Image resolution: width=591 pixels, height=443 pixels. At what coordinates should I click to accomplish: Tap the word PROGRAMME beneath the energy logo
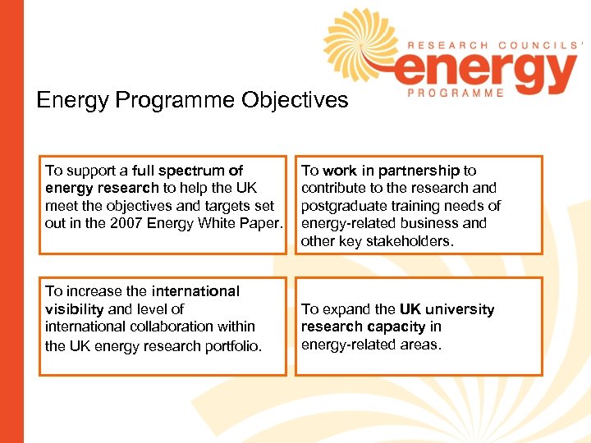point(456,94)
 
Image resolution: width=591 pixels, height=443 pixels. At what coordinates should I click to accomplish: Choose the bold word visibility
point(74,309)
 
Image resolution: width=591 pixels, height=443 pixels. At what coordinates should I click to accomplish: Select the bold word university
point(459,309)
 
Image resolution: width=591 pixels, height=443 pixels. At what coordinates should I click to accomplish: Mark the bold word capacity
point(392,327)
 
